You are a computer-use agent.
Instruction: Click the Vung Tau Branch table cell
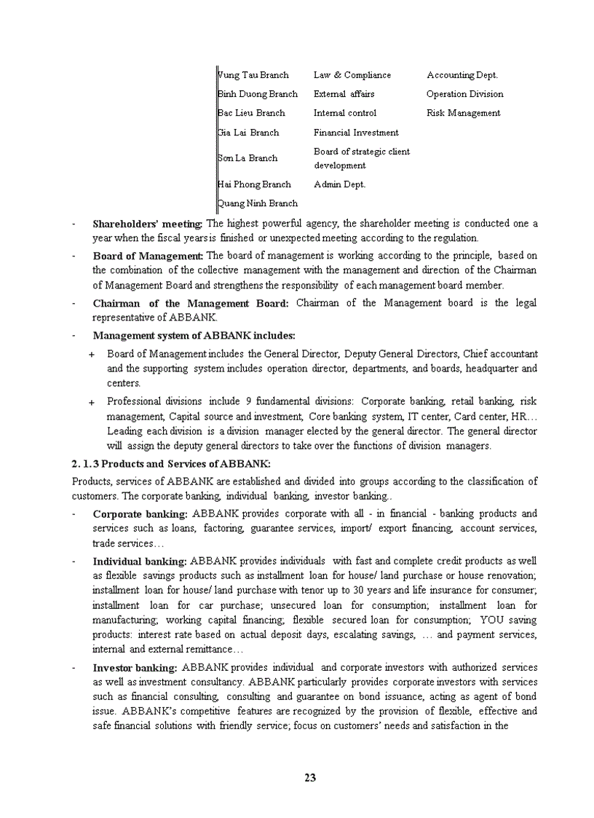point(253,75)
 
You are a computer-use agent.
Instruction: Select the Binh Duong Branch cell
point(258,94)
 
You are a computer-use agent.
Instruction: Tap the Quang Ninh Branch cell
point(258,203)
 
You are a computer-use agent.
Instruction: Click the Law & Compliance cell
point(352,75)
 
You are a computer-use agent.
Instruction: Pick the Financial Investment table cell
point(356,133)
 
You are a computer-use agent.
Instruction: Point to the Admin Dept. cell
point(339,184)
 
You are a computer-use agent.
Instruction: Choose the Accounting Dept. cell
point(462,75)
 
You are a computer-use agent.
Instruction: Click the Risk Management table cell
point(463,113)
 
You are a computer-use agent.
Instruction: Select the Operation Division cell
point(464,94)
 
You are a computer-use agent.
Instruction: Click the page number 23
point(310,777)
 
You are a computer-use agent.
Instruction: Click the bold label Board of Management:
point(148,256)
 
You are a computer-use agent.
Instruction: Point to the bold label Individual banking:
point(140,562)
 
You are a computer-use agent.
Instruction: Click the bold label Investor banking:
point(135,667)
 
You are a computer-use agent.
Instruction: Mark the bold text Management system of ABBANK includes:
point(194,336)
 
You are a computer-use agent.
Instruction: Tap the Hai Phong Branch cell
point(254,184)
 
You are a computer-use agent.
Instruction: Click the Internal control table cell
point(345,113)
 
